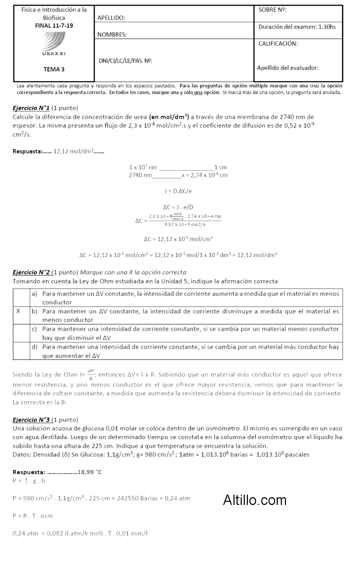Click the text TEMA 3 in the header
[x=54, y=69]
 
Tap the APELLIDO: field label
[x=111, y=18]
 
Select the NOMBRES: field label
[x=112, y=35]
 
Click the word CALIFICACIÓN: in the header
[x=278, y=44]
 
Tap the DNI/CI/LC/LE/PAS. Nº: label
[x=125, y=61]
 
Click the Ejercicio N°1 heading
[x=31, y=108]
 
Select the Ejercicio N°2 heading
[x=31, y=272]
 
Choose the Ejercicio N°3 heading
[x=31, y=420]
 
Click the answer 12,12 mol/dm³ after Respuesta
[x=74, y=151]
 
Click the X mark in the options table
[x=19, y=311]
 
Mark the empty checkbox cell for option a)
[x=21, y=298]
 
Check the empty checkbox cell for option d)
[x=21, y=351]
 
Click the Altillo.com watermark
[x=255, y=499]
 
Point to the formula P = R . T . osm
[x=32, y=515]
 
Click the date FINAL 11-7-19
[x=54, y=25]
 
